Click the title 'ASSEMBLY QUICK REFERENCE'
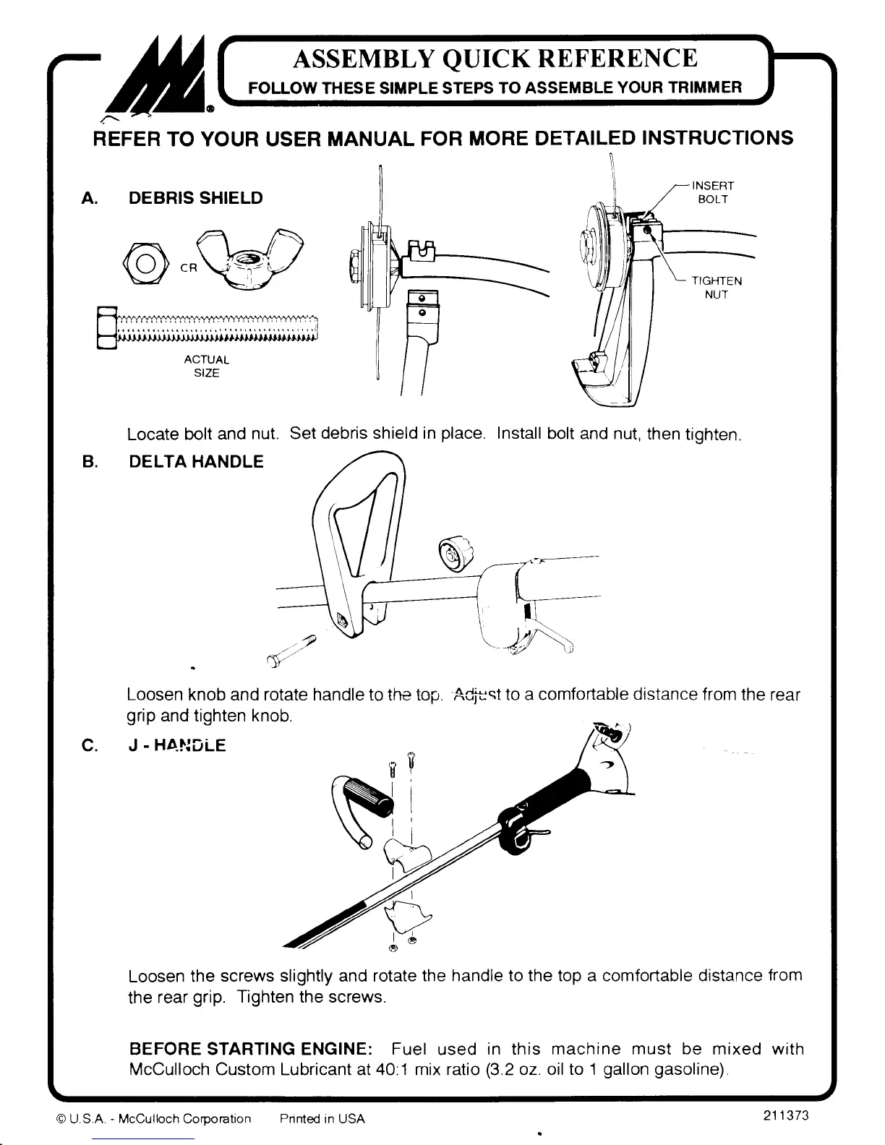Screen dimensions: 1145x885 pos(495,59)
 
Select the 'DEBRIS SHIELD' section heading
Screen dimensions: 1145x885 pos(195,198)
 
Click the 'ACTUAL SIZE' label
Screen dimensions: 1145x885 pos(207,366)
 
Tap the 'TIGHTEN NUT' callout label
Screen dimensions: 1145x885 pos(717,287)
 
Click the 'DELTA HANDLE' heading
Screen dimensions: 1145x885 pos(196,461)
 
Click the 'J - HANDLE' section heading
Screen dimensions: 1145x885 pos(176,745)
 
